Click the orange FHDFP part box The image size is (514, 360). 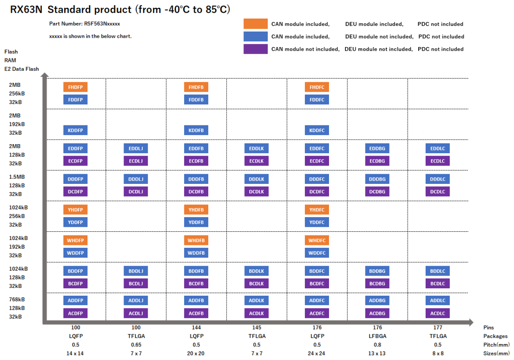pyautogui.click(x=75, y=87)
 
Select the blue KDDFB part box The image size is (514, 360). pyautogui.click(x=196, y=130)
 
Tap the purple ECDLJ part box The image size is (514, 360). pyautogui.click(x=136, y=161)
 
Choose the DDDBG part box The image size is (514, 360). pyautogui.click(x=377, y=179)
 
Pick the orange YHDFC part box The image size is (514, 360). pyautogui.click(x=317, y=210)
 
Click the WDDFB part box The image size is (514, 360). pyautogui.click(x=196, y=253)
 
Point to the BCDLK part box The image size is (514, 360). pyautogui.click(x=257, y=283)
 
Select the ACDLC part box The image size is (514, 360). pyautogui.click(x=437, y=314)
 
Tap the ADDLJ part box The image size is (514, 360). pyautogui.click(x=136, y=301)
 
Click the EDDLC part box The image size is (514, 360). pyautogui.click(x=437, y=148)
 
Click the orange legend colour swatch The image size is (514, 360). pyautogui.click(x=255, y=24)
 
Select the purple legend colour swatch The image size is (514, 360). pyautogui.click(x=255, y=49)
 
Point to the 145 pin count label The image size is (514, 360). pyautogui.click(x=257, y=328)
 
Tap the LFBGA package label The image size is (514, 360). pyautogui.click(x=377, y=336)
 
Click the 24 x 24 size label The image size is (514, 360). pyautogui.click(x=317, y=353)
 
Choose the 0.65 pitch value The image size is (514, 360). pyautogui.click(x=136, y=344)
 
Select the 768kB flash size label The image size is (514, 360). pyautogui.click(x=17, y=299)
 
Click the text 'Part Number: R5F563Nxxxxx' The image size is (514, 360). pyautogui.click(x=84, y=24)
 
